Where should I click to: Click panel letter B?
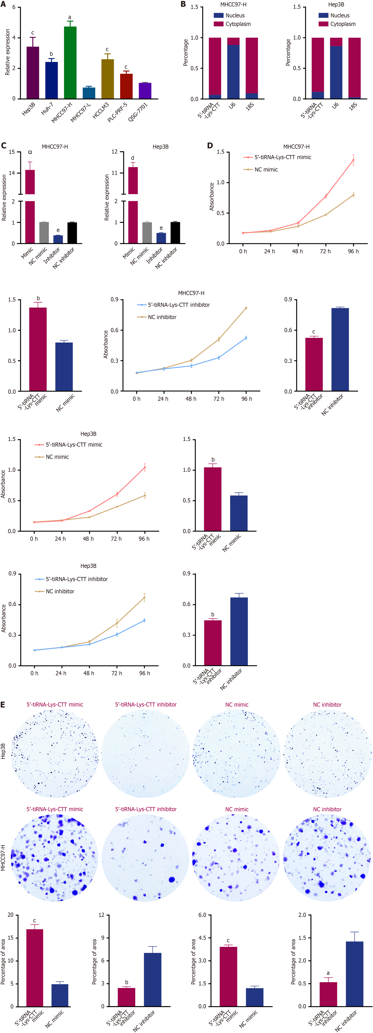(183, 4)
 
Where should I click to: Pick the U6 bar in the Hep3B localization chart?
(336, 72)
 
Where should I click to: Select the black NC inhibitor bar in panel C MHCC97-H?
(72, 233)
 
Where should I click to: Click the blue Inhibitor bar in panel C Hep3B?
(161, 238)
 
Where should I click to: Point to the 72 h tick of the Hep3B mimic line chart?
(116, 539)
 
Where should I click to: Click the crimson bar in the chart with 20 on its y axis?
(34, 967)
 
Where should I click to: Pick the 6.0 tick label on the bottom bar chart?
(202, 915)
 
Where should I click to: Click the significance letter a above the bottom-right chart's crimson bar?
(328, 973)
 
